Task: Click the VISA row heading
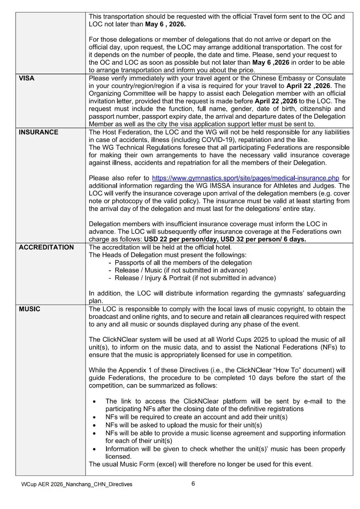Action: (27, 78)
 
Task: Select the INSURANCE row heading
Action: (38, 132)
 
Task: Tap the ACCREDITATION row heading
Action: (46, 247)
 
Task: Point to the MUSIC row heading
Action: (29, 309)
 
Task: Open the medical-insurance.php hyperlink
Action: (245, 178)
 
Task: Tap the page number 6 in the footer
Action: (193, 484)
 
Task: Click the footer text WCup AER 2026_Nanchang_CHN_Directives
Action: (77, 484)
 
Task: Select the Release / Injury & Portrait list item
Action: (195, 278)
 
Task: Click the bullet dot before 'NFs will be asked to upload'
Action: (96, 426)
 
